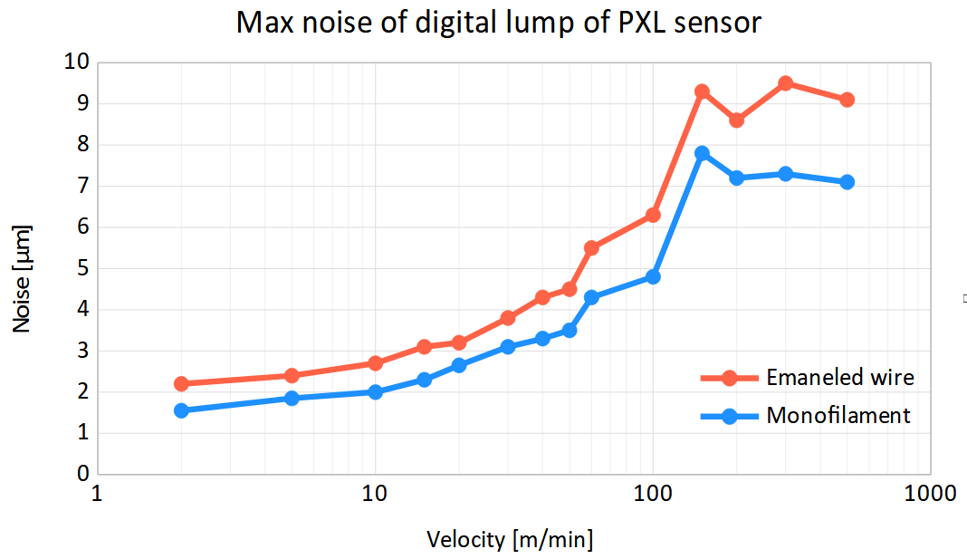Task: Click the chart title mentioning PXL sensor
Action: coord(499,23)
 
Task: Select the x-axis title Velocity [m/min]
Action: coord(511,540)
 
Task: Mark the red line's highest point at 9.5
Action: coord(785,83)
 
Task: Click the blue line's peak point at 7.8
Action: coord(702,153)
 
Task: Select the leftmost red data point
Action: coord(181,383)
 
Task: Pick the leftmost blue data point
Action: coord(181,410)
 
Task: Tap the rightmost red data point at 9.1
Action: coord(847,100)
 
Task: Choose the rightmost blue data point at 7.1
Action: coord(847,182)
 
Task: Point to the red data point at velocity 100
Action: coord(653,215)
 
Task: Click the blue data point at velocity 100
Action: coord(653,276)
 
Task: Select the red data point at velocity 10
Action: coord(375,363)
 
